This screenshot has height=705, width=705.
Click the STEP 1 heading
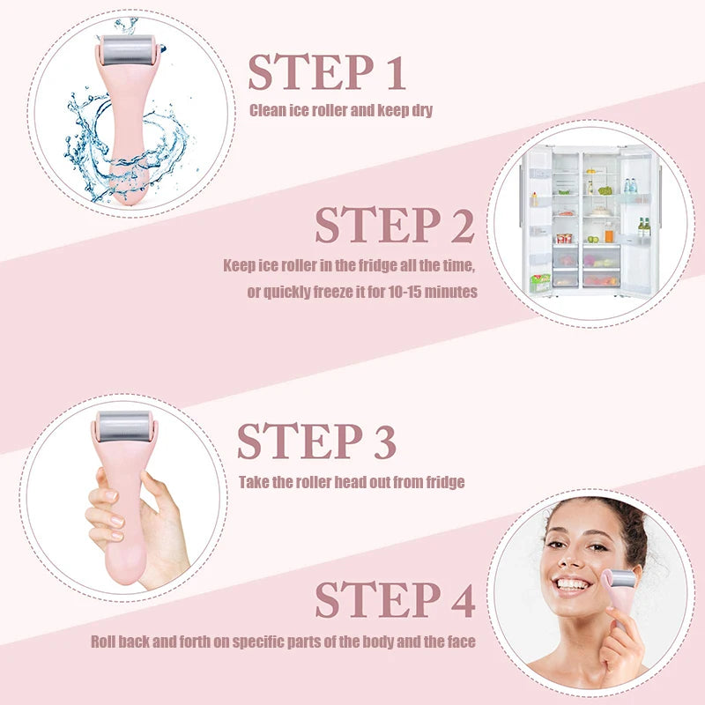coord(326,72)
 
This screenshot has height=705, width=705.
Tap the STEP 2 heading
coord(395,226)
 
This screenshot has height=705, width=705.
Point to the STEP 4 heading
coord(395,600)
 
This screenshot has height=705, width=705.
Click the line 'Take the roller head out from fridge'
coord(352,482)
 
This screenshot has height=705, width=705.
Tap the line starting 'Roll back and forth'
coord(283,642)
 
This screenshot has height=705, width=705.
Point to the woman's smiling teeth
coord(572,583)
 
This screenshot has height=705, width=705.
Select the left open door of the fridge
coord(538,220)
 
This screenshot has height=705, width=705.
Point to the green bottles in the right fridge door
coord(644,227)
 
